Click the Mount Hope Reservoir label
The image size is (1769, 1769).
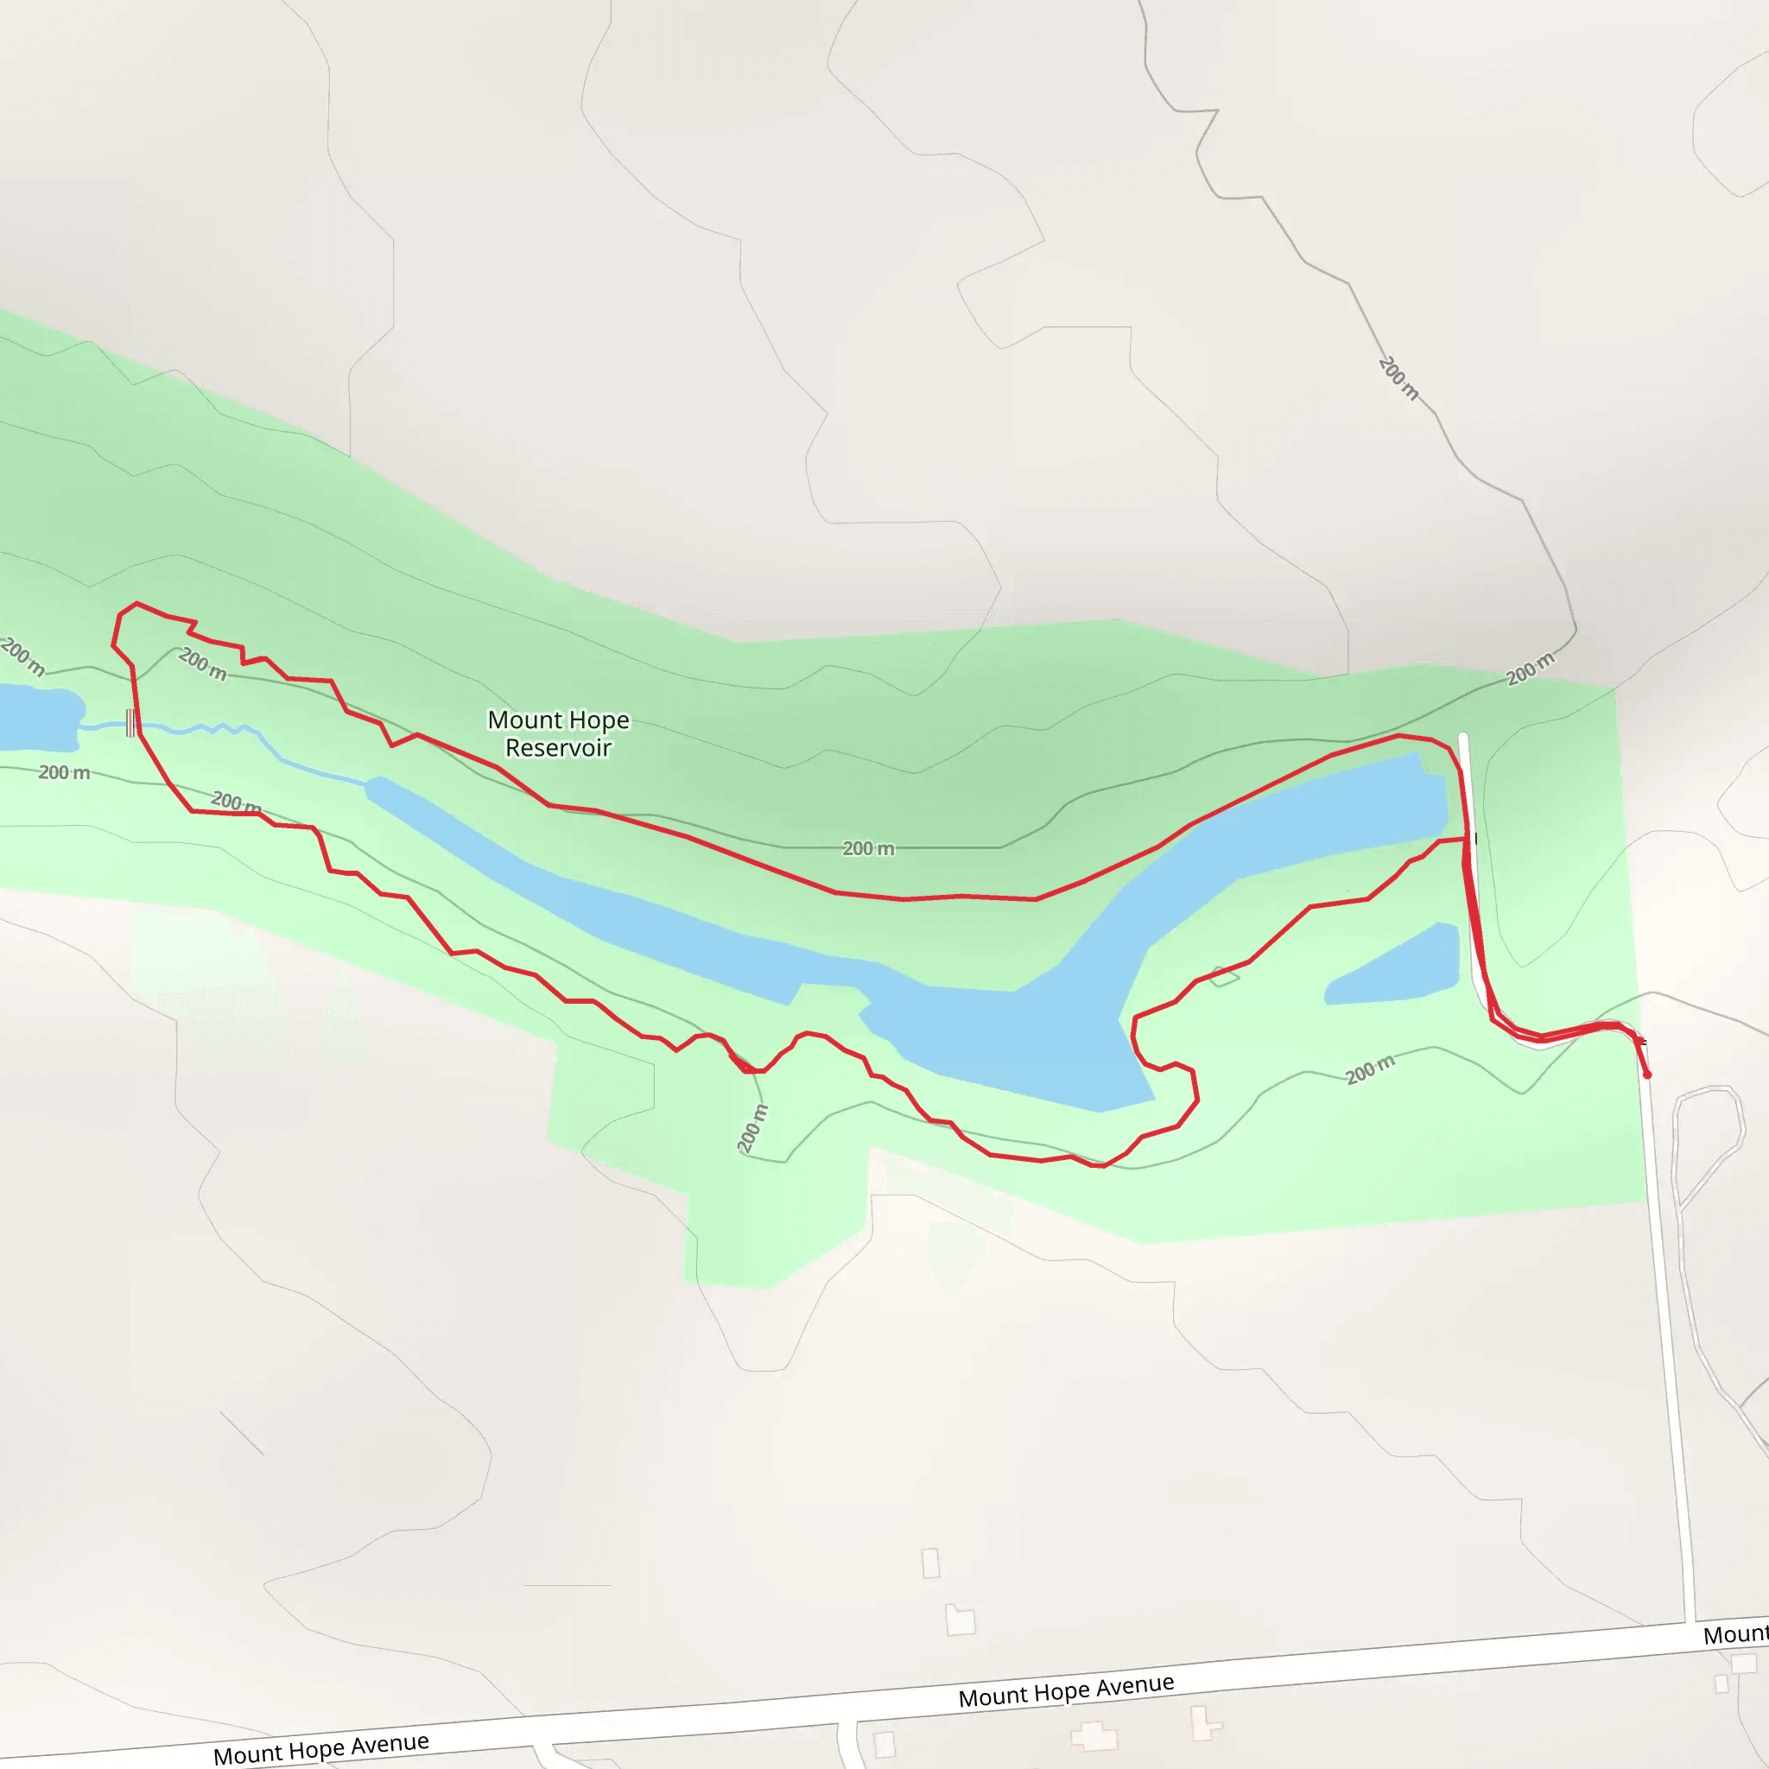pyautogui.click(x=558, y=733)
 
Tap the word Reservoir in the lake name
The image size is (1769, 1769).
pyautogui.click(x=558, y=748)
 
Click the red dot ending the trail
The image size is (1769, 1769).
pyautogui.click(x=1646, y=1075)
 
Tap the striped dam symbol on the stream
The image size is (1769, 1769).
pyautogui.click(x=131, y=722)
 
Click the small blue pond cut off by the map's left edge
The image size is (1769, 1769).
pyautogui.click(x=36, y=717)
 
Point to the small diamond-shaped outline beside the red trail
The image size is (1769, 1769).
pyautogui.click(x=1224, y=976)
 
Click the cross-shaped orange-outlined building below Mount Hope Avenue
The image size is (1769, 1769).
pyautogui.click(x=1094, y=1735)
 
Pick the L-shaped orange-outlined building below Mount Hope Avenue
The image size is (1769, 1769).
pyautogui.click(x=1205, y=1723)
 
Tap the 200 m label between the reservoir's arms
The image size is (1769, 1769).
pyautogui.click(x=868, y=849)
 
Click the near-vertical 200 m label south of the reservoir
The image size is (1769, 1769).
pyautogui.click(x=752, y=1128)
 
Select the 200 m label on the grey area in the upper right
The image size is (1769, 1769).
pyautogui.click(x=1398, y=378)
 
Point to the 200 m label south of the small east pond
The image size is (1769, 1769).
pyautogui.click(x=1370, y=1068)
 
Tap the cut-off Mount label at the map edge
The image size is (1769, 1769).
pyautogui.click(x=1735, y=1634)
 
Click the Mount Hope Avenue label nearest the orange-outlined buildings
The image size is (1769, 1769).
pyautogui.click(x=1066, y=1690)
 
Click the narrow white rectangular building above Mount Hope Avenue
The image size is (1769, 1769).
pyautogui.click(x=930, y=1562)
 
